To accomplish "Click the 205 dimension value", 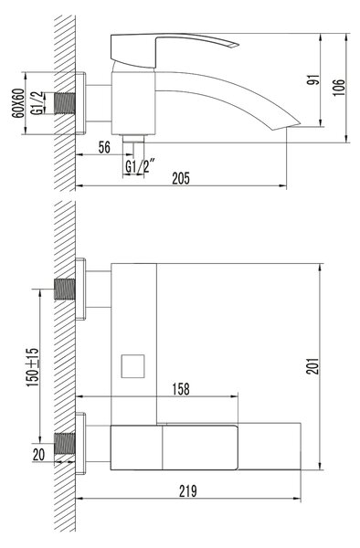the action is tap(181, 178).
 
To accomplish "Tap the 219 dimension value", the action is tap(188, 491).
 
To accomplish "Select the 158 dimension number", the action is tap(181, 389).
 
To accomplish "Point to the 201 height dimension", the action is tap(312, 366).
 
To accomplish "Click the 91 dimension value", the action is tap(313, 80).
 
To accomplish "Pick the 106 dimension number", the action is tap(338, 88).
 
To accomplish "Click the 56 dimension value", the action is tap(104, 147).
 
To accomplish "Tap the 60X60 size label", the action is tap(18, 103).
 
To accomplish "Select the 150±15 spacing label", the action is tap(33, 367).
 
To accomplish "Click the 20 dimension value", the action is tap(38, 455).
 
